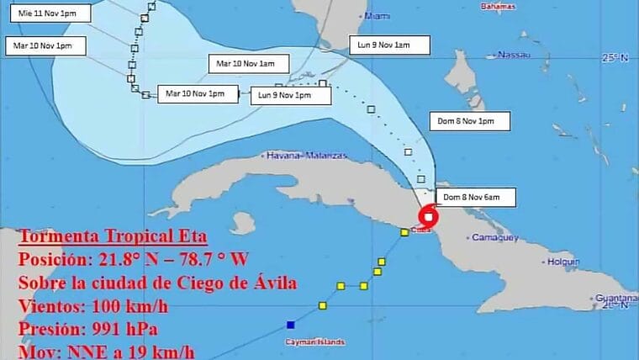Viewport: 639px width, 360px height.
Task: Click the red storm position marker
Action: tap(429, 216)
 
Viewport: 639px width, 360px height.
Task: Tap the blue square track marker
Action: tap(290, 324)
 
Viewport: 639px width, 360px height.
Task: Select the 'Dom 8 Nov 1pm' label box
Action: tap(472, 121)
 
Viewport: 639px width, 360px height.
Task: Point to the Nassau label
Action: tap(514, 55)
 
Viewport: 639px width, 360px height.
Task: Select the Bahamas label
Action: tap(496, 7)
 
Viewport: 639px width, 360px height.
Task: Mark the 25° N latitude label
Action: tap(615, 58)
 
